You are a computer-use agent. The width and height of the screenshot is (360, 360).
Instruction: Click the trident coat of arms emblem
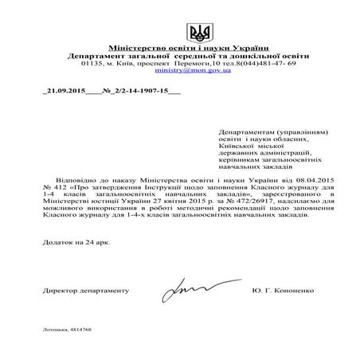(198, 33)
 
